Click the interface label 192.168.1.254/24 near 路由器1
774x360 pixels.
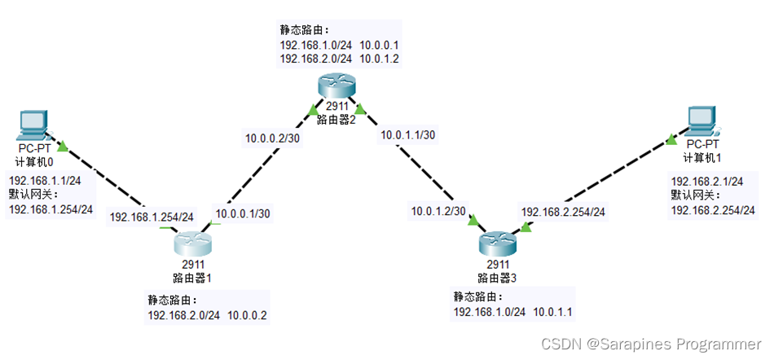tap(151, 217)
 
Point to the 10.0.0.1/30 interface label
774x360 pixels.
tap(243, 214)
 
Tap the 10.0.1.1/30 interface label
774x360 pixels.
tap(406, 134)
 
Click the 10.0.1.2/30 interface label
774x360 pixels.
tap(438, 211)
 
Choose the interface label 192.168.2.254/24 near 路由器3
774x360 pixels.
tap(563, 212)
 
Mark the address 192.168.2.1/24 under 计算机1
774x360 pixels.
tap(706, 181)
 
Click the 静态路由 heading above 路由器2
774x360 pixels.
tap(300, 29)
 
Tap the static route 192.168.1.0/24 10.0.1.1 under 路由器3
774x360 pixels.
tap(510, 312)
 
